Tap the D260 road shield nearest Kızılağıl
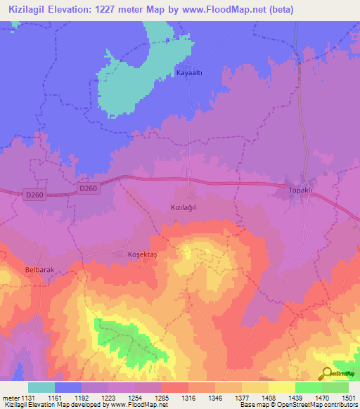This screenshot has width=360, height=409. pyautogui.click(x=89, y=188)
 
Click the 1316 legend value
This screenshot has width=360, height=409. pyautogui.click(x=188, y=397)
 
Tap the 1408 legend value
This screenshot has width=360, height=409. pyautogui.click(x=268, y=397)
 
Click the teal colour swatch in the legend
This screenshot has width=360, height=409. pyautogui.click(x=41, y=387)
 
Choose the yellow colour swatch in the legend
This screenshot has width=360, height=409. pyautogui.click(x=281, y=387)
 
